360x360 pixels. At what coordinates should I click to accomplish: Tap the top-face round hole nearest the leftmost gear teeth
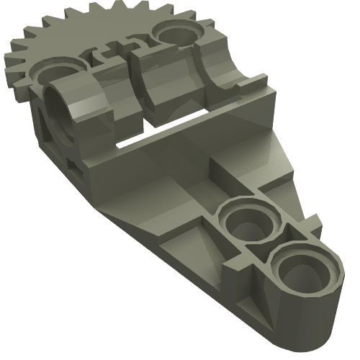51,74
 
